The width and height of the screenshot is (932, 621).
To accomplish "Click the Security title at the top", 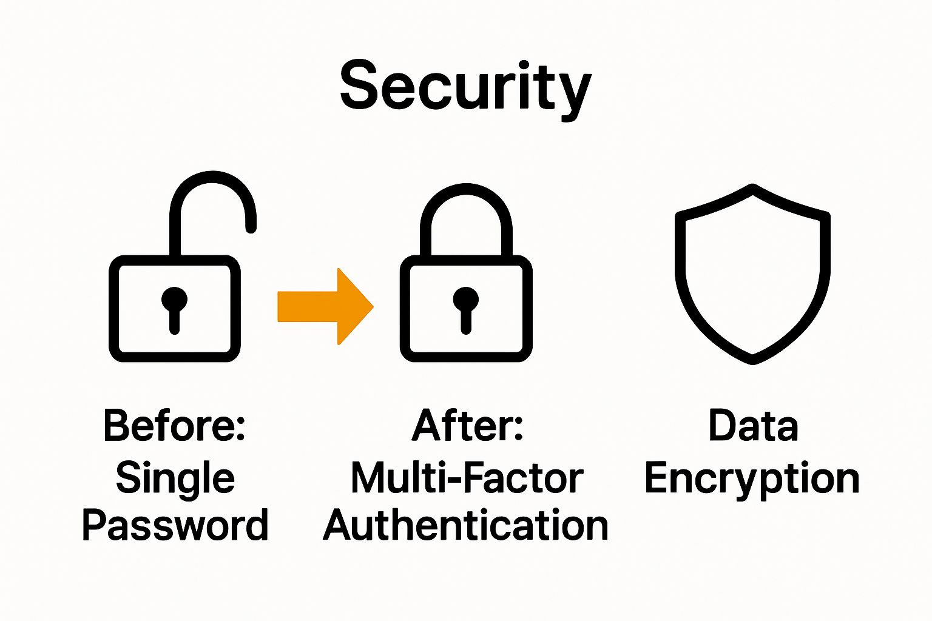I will (465, 87).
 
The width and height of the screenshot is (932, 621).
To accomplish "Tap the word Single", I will (175, 478).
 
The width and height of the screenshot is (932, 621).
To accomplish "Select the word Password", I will (175, 525).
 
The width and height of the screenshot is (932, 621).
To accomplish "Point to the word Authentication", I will (466, 525).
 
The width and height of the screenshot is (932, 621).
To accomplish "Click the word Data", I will (752, 425).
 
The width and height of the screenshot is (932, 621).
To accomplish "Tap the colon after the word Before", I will (239, 427).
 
